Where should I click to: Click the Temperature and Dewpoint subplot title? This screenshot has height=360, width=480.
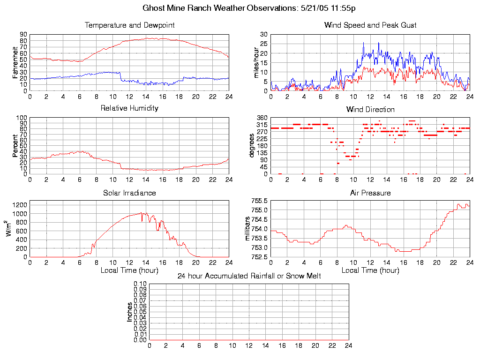(x=129, y=25)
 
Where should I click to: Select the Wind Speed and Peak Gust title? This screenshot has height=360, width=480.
(x=370, y=25)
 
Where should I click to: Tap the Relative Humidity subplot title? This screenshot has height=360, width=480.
(x=129, y=108)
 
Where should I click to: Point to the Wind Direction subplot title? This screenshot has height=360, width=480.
(x=370, y=110)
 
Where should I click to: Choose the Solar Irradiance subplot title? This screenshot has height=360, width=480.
(x=129, y=193)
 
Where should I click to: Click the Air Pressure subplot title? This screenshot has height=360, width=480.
(x=370, y=193)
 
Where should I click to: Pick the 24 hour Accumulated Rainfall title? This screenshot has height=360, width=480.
(x=249, y=276)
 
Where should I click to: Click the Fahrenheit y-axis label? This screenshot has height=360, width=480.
(x=15, y=62)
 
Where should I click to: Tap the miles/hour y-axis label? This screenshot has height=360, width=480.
(x=256, y=62)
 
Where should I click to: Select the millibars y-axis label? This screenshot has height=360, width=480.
(x=249, y=229)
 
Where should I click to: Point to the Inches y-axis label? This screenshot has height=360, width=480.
(x=130, y=312)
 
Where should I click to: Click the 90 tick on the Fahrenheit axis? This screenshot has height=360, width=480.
(x=23, y=35)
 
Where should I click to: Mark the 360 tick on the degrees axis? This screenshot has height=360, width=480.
(x=262, y=118)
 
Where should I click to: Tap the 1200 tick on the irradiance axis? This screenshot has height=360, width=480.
(x=20, y=205)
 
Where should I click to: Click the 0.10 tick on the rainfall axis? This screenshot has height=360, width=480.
(x=140, y=284)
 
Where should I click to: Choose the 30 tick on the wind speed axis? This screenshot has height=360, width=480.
(x=264, y=35)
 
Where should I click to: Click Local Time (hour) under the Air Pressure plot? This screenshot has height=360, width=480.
(x=370, y=270)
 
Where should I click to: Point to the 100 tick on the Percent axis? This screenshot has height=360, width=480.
(x=22, y=118)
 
